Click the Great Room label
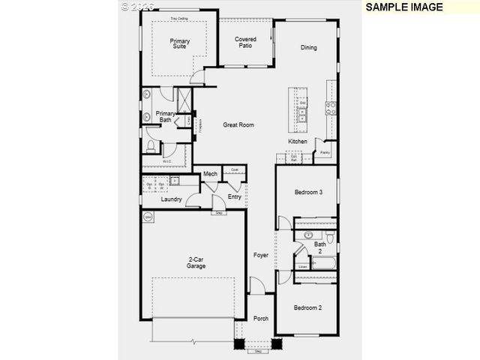(x=238, y=125)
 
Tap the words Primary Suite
(x=180, y=43)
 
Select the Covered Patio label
(x=245, y=42)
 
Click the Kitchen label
(x=298, y=142)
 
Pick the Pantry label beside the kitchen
(x=325, y=152)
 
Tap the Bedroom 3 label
(x=307, y=193)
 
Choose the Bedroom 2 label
(x=307, y=307)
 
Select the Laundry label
(x=171, y=199)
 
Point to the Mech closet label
(x=211, y=174)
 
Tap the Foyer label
(x=260, y=255)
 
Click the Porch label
(x=260, y=318)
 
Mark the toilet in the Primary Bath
(x=150, y=145)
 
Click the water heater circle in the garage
(x=148, y=217)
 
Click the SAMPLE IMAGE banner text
(x=405, y=7)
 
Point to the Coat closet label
(x=235, y=169)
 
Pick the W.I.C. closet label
(x=167, y=160)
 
